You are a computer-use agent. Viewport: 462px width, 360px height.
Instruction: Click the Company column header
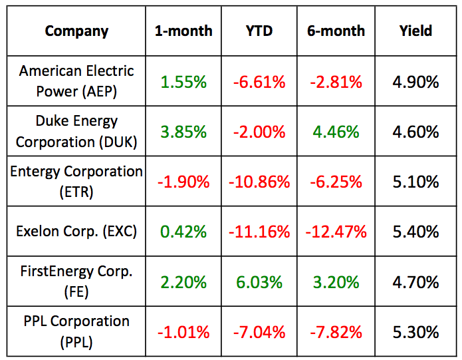pos(76,31)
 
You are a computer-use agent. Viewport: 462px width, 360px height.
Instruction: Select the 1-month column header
pos(183,31)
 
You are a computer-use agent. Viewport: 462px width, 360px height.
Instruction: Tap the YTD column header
pos(259,31)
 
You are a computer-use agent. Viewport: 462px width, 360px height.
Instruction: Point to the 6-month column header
pos(336,31)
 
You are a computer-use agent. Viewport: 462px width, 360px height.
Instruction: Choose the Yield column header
pos(416,31)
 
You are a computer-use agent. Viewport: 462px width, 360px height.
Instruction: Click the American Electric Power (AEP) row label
pos(76,81)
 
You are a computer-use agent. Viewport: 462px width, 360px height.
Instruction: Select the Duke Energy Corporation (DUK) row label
pos(76,131)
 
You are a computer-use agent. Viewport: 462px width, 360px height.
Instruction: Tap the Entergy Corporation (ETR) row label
pos(76,181)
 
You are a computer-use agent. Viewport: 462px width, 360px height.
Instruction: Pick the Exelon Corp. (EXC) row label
pos(76,232)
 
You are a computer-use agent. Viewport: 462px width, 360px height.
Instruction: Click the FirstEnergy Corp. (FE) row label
pos(76,281)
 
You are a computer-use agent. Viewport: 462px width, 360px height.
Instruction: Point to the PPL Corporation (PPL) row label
pos(76,331)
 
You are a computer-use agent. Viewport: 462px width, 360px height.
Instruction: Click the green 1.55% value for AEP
pos(183,82)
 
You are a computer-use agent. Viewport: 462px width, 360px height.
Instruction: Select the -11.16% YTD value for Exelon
pos(259,232)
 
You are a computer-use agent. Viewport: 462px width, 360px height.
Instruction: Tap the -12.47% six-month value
pos(336,232)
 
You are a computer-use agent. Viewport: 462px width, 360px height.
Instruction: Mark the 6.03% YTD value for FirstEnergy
pos(259,282)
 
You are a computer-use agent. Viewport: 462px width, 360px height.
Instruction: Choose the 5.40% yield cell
pos(416,232)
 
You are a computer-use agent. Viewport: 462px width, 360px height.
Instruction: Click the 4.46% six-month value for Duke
pos(336,132)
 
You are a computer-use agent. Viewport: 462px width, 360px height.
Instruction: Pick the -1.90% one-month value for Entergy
pos(183,182)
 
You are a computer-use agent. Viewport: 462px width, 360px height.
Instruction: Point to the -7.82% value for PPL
pos(336,332)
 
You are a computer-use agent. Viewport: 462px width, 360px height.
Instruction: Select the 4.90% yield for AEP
pos(416,82)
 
